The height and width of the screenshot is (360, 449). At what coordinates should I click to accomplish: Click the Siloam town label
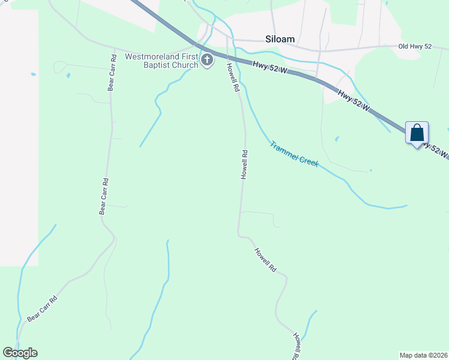pos(280,39)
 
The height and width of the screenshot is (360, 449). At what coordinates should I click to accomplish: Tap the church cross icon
pos(207,60)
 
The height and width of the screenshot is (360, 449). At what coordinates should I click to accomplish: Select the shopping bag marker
pos(417,133)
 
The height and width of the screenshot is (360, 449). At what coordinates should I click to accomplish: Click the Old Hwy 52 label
pos(415,46)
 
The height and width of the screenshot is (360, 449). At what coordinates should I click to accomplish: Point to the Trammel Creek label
pos(294,154)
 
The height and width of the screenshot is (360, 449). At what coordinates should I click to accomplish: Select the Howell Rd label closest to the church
pos(233,79)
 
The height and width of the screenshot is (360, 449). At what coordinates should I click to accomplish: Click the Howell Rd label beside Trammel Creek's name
pos(244,164)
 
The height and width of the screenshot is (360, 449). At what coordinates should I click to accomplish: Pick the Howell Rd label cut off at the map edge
pos(297,346)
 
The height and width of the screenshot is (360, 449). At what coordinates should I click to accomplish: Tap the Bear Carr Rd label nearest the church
pos(112,73)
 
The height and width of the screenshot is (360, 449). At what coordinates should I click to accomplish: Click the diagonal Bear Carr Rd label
pos(42,309)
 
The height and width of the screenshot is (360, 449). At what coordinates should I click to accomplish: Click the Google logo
pos(20,353)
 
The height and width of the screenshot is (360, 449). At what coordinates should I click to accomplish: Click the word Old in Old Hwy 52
pos(405,46)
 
